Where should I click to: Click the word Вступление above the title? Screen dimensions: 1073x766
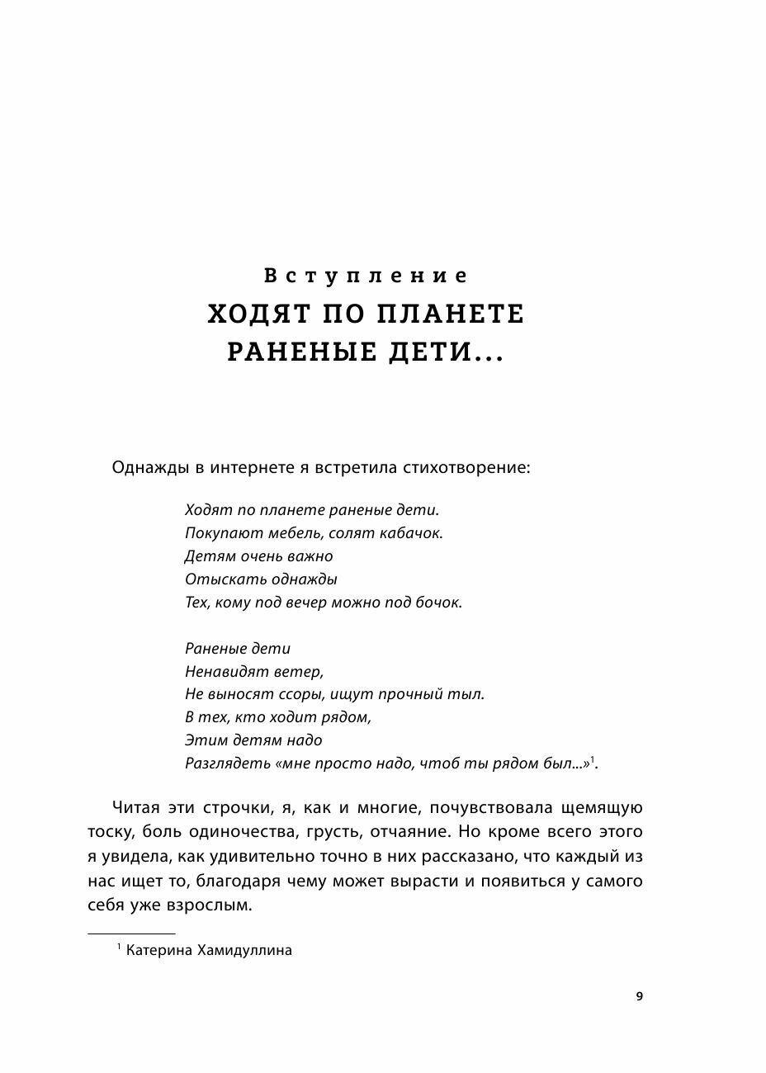[366, 276]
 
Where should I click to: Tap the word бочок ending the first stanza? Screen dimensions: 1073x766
[438, 603]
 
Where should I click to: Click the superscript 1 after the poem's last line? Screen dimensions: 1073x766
[592, 759]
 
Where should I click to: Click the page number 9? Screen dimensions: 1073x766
[639, 996]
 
